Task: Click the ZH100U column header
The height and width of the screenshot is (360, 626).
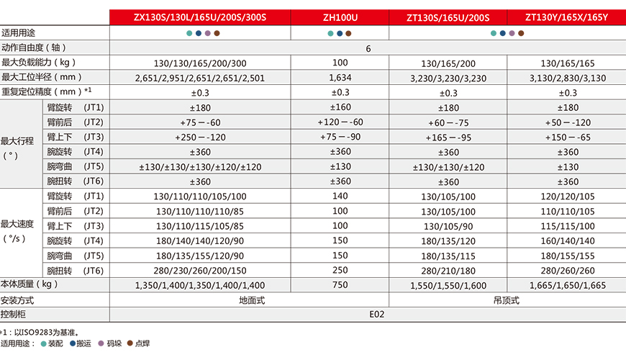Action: coord(339,17)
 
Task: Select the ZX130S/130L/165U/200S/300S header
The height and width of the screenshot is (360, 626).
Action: coord(200,17)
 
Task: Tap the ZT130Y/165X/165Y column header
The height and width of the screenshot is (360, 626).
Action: coord(568,17)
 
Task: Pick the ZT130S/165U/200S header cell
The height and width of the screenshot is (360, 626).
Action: coord(448,17)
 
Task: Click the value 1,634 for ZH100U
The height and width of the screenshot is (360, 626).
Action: coord(339,77)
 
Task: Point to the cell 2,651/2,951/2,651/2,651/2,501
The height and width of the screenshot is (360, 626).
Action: coord(200,78)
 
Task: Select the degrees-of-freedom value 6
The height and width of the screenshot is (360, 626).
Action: coord(368,48)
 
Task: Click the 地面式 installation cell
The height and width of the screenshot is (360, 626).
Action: coord(250,300)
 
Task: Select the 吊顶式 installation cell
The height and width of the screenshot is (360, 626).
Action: coord(507,300)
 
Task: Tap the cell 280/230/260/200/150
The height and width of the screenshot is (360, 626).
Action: coord(200,271)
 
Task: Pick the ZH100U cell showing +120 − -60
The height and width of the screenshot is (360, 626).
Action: coord(340,122)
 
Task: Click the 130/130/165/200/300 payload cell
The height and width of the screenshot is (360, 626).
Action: coord(200,63)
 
